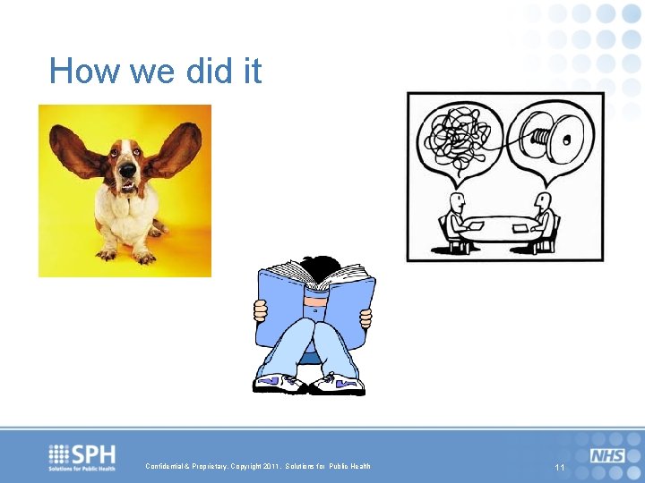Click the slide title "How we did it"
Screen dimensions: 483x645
tap(155, 71)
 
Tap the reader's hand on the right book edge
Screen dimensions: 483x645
tap(365, 317)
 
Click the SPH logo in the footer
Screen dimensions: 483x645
tap(82, 456)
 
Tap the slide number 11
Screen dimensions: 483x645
tap(560, 468)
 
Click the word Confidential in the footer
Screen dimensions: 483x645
tap(167, 466)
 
